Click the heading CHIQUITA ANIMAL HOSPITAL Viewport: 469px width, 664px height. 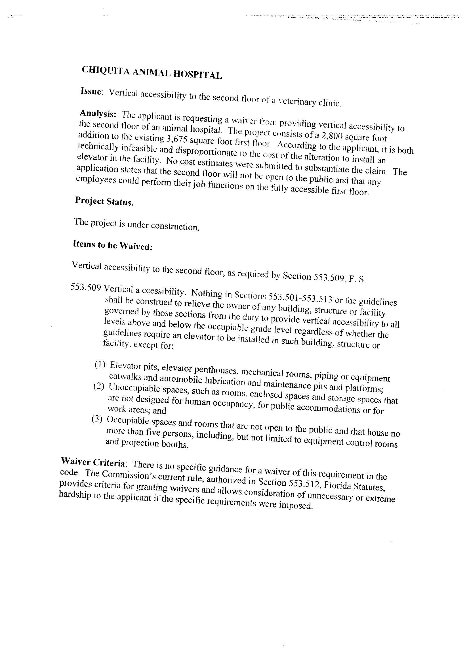coord(152,73)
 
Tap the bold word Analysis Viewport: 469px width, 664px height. coord(98,113)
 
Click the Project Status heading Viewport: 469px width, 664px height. coord(104,201)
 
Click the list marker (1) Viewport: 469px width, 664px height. coord(100,365)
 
